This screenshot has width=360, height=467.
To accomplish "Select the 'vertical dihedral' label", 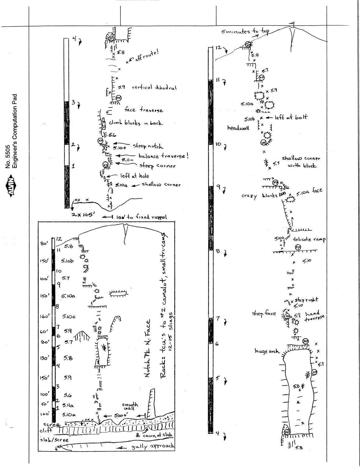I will pyautogui.click(x=154, y=87).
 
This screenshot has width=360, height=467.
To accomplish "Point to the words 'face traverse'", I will pyautogui.click(x=143, y=110).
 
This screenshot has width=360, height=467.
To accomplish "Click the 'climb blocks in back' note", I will pyautogui.click(x=136, y=123).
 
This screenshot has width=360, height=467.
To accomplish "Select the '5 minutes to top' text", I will pyautogui.click(x=245, y=31).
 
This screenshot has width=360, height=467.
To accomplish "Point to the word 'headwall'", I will pyautogui.click(x=238, y=128).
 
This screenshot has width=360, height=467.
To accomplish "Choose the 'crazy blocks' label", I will pyautogui.click(x=259, y=196).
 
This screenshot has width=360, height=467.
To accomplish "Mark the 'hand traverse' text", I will pyautogui.click(x=314, y=316).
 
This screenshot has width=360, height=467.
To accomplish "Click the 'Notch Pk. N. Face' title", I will pyautogui.click(x=148, y=348).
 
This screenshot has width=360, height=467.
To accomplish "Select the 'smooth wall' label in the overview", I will pyautogui.click(x=128, y=407).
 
